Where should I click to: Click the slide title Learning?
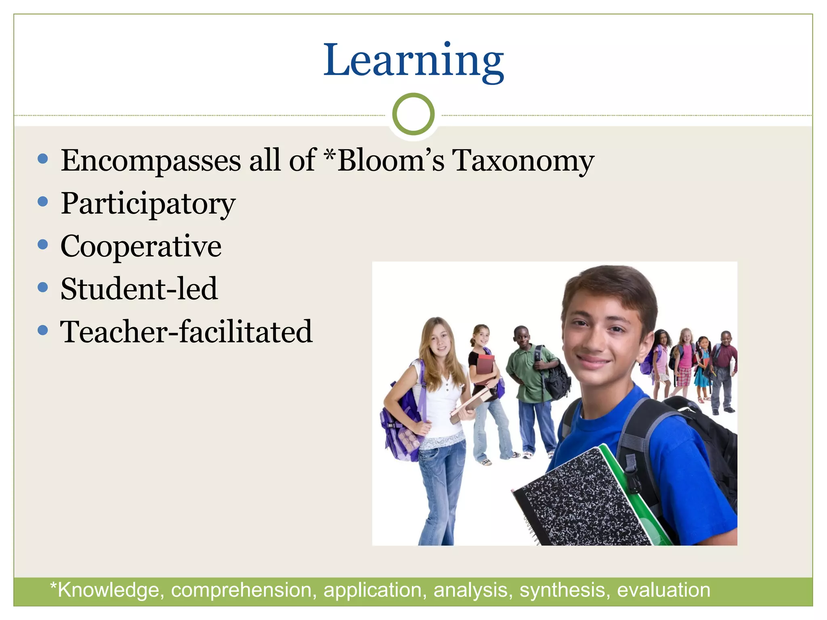pyautogui.click(x=413, y=61)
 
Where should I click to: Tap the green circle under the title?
pyautogui.click(x=413, y=114)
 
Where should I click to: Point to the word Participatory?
pyautogui.click(x=148, y=204)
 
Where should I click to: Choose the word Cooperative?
pyautogui.click(x=141, y=246)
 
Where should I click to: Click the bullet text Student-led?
pyautogui.click(x=139, y=289)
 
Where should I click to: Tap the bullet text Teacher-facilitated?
pyautogui.click(x=186, y=332)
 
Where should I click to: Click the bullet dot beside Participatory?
pyautogui.click(x=42, y=201)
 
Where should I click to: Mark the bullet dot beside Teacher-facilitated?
pyautogui.click(x=42, y=331)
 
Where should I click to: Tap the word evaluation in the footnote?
pyautogui.click(x=663, y=590)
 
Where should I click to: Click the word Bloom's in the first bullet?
pyautogui.click(x=390, y=161)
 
